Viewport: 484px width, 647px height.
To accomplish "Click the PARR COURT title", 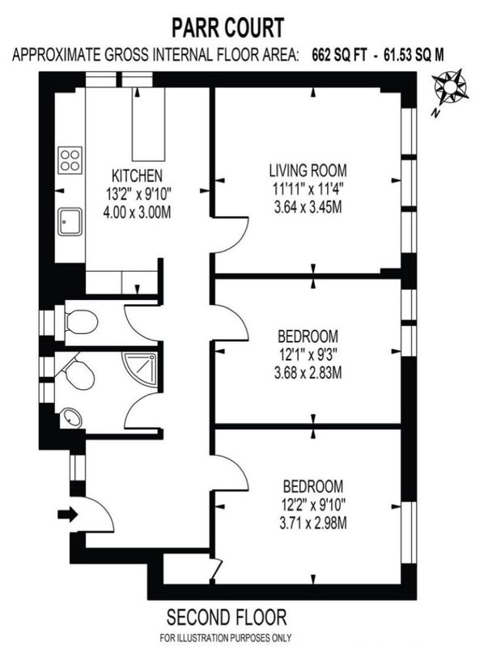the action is (228, 28).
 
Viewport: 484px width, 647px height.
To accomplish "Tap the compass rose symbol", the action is (451, 87).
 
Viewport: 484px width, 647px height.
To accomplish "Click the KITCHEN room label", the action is (137, 175).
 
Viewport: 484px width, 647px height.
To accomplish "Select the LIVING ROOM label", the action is (308, 170).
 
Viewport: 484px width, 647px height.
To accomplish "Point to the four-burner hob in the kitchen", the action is (70, 160).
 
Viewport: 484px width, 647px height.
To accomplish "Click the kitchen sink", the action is (70, 222).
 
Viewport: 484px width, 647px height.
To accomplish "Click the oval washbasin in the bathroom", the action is (71, 418).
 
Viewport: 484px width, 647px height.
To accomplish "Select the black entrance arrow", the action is (68, 514).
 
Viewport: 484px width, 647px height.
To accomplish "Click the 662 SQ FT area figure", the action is (339, 54).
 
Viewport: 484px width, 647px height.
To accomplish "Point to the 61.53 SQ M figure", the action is (414, 54).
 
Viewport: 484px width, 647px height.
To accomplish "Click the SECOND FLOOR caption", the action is (227, 618).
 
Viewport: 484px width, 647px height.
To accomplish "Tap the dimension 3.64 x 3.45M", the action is (308, 206).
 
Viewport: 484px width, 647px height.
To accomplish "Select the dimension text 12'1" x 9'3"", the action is (308, 354).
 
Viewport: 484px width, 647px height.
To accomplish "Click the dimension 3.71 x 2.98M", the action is (313, 523).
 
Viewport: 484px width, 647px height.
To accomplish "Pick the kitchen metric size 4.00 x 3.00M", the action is (137, 212).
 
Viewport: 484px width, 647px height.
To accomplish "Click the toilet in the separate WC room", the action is (82, 322).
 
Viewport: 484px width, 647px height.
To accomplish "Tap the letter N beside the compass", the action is (434, 112).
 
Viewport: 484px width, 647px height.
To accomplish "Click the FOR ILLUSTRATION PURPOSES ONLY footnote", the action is (226, 637).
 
